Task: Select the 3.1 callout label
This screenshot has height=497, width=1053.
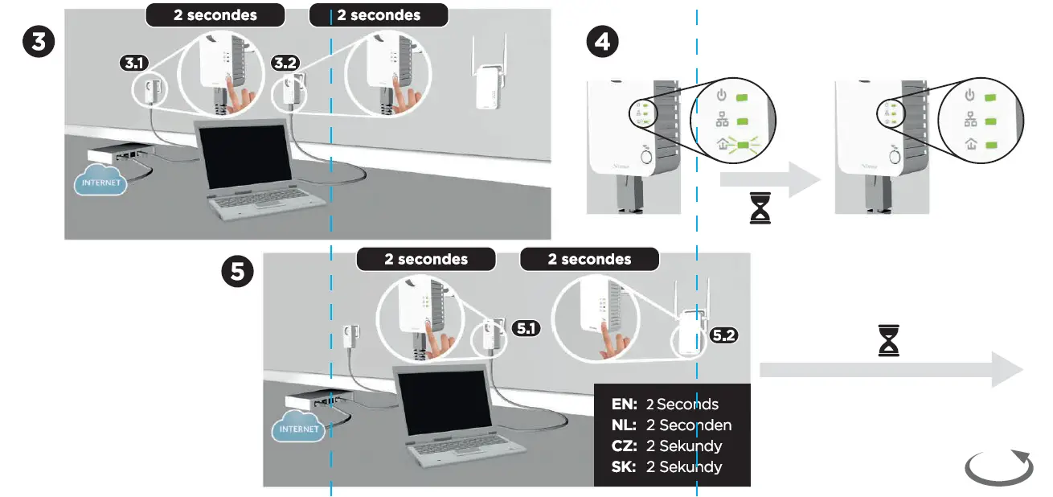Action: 132,63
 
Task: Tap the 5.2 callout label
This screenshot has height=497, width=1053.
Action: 723,335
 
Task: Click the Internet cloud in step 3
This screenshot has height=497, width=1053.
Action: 100,182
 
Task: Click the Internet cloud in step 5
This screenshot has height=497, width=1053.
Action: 299,428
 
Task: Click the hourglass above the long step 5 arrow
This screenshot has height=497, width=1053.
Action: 889,340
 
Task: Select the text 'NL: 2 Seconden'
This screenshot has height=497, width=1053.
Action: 672,425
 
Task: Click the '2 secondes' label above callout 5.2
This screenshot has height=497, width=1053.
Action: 589,259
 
